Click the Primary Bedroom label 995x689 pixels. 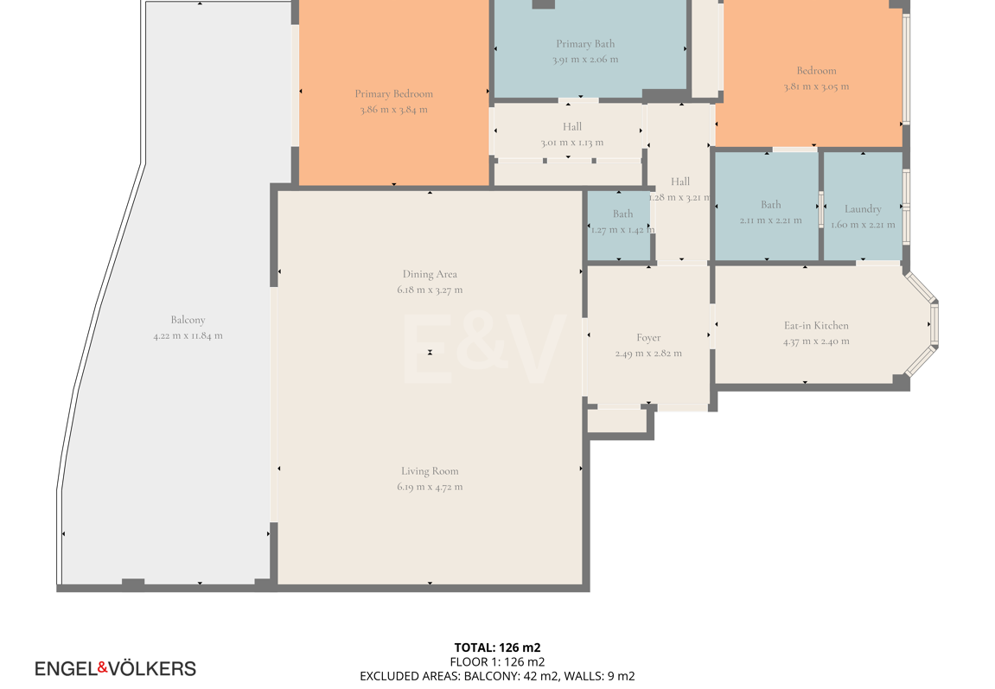point(393,94)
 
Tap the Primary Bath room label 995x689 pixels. point(585,44)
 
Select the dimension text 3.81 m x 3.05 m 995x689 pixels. point(816,86)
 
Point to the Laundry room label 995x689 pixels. point(863,208)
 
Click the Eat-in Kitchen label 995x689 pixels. point(816,325)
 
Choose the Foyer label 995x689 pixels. point(648,338)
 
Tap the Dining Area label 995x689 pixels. point(430,274)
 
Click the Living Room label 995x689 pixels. point(430,471)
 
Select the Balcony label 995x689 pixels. point(188,321)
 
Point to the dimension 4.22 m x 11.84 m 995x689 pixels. point(188,335)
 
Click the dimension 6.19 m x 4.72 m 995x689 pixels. point(430,488)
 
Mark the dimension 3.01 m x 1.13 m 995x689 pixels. point(571,143)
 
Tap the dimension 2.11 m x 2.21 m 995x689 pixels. point(770,220)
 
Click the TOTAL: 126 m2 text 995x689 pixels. point(498,648)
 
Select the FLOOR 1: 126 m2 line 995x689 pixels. point(498,661)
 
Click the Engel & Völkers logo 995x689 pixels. point(116,669)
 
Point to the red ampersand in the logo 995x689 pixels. point(102,667)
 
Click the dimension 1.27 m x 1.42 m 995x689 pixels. point(622,230)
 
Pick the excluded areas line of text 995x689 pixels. point(498,676)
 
